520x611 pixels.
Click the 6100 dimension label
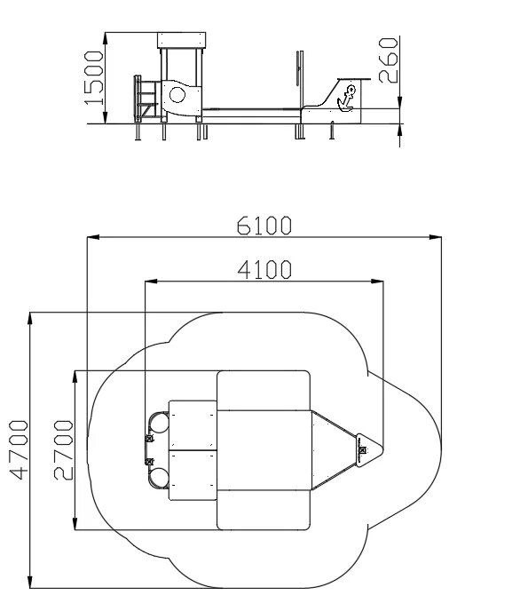(x=264, y=226)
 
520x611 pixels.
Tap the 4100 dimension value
(x=264, y=269)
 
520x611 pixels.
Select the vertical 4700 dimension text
(x=19, y=449)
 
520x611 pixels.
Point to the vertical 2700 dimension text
(x=63, y=449)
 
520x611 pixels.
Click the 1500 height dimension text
(x=94, y=78)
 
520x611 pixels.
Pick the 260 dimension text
(x=388, y=60)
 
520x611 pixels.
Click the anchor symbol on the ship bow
(x=346, y=99)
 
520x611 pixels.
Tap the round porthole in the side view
(x=177, y=95)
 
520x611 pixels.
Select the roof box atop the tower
(x=182, y=41)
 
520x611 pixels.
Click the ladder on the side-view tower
(x=146, y=99)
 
